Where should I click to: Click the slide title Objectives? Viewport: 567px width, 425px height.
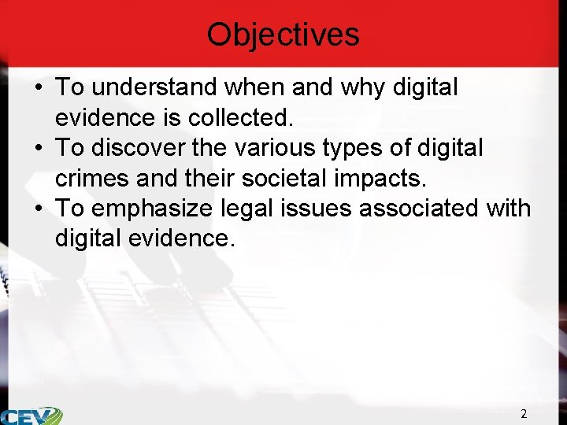tap(283, 35)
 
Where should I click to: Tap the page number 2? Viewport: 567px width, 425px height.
tap(524, 413)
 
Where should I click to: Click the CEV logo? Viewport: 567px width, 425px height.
tap(31, 416)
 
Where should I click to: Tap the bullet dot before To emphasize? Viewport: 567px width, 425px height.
tap(38, 209)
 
